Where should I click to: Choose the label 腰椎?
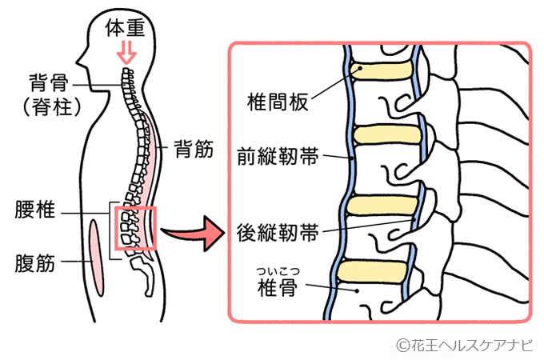click(x=35, y=213)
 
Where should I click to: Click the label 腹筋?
click(x=35, y=262)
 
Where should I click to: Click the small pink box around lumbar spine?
click(x=138, y=228)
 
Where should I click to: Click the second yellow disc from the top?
click(x=380, y=134)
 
